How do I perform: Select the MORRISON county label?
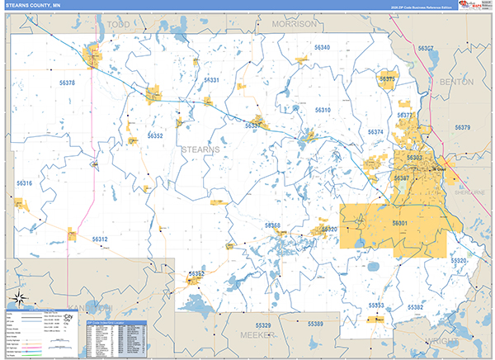[294, 25]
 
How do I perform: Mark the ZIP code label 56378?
[67, 83]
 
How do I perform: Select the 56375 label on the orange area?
[388, 78]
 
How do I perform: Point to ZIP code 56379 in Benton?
[461, 127]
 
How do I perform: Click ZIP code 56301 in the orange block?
[400, 224]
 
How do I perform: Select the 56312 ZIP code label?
[100, 239]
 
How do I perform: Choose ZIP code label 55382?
[415, 307]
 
